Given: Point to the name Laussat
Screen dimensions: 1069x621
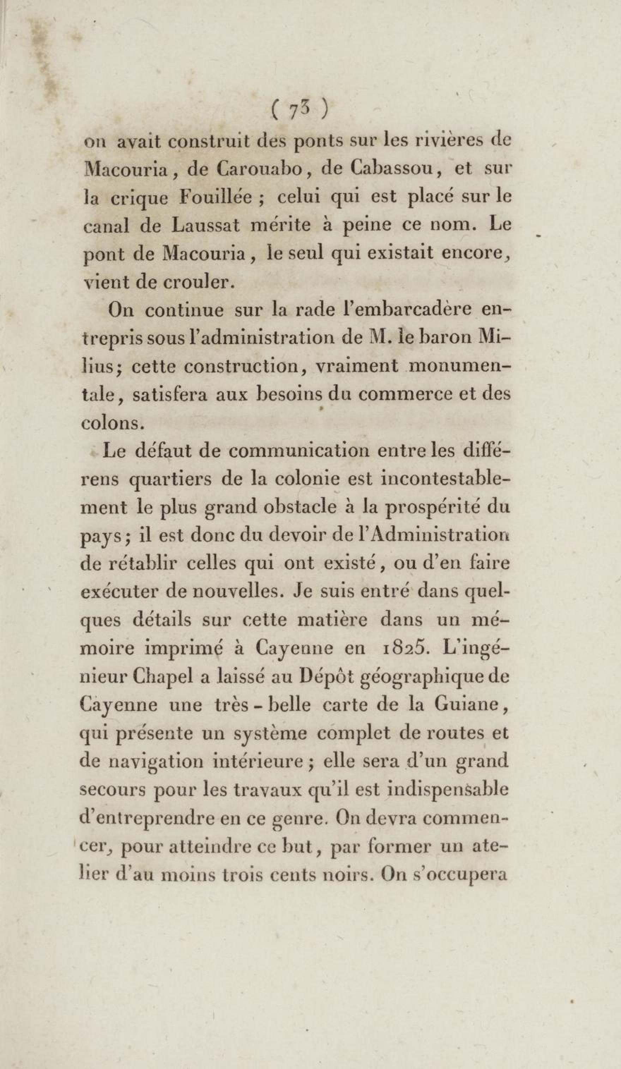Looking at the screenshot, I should [x=206, y=225].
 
